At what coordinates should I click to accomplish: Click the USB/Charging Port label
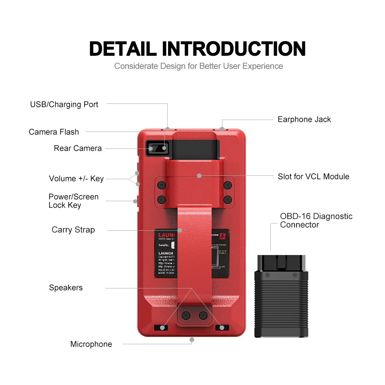[x=64, y=105]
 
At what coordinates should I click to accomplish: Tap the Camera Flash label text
[x=54, y=132]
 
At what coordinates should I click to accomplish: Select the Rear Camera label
[x=78, y=148]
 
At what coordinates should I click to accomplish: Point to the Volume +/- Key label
[x=76, y=178]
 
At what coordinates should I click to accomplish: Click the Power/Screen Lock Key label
[x=73, y=201]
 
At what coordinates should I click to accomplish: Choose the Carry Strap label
[x=73, y=230]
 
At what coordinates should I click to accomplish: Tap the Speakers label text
[x=66, y=288]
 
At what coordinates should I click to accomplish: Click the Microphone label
[x=91, y=344]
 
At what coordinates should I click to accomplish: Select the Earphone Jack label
[x=304, y=120]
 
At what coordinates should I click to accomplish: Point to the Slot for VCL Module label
[x=313, y=177]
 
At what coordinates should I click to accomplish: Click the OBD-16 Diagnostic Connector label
[x=316, y=220]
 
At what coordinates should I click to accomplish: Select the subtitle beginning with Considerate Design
[x=198, y=66]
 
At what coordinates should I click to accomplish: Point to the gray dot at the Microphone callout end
[x=192, y=340]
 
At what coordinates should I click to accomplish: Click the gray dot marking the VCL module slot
[x=199, y=176]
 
